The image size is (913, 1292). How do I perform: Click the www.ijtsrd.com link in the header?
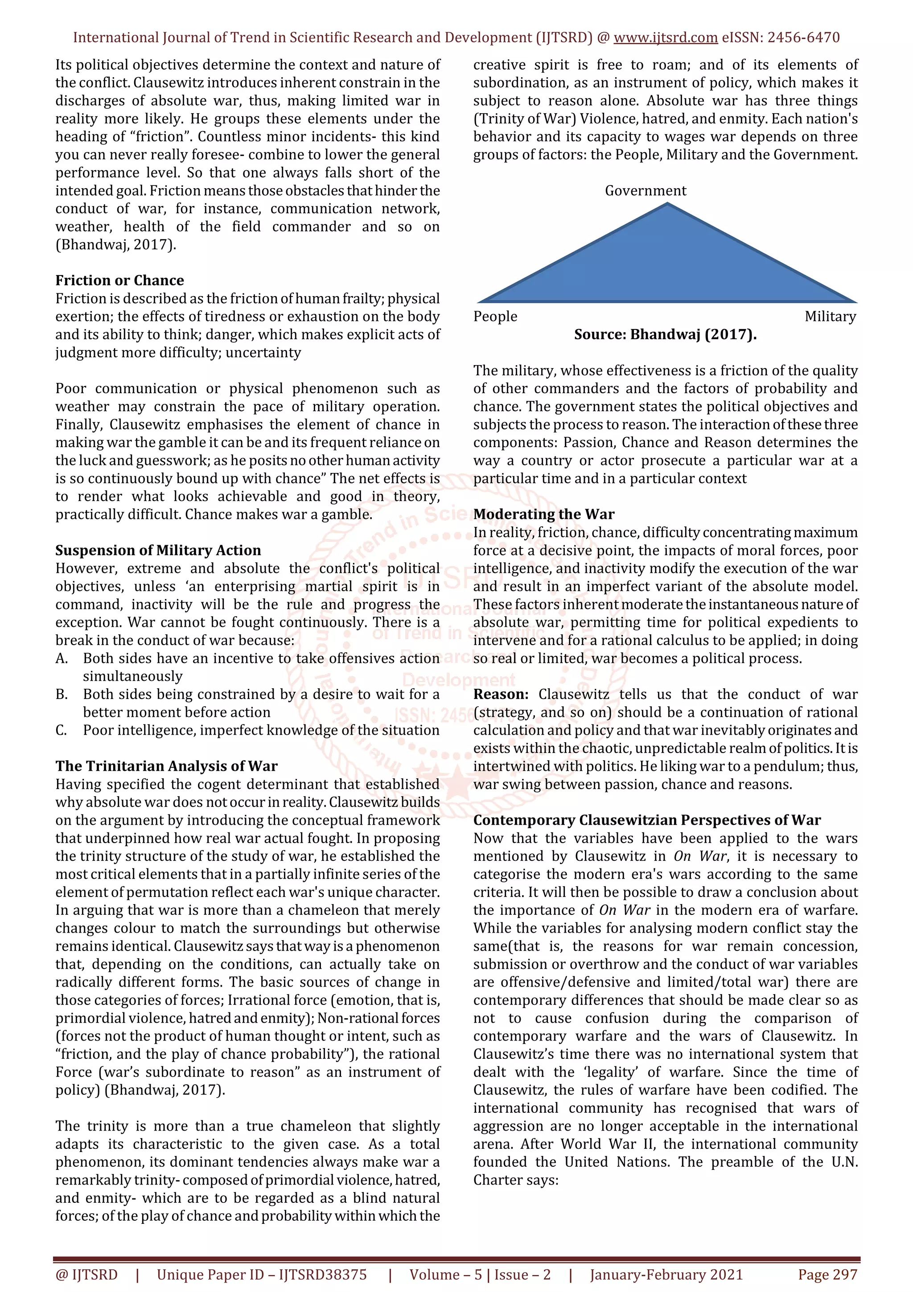pyautogui.click(x=665, y=38)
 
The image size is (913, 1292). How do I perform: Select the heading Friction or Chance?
pyautogui.click(x=119, y=280)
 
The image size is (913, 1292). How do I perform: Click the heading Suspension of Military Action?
pyautogui.click(x=158, y=550)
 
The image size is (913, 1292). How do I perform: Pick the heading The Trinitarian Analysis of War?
pyautogui.click(x=167, y=766)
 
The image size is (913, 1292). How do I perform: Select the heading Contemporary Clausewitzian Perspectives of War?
pyautogui.click(x=647, y=820)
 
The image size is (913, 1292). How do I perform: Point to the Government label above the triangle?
pyautogui.click(x=645, y=191)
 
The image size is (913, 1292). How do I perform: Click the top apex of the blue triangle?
pyautogui.click(x=667, y=205)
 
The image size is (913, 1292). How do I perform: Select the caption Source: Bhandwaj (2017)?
pyautogui.click(x=665, y=334)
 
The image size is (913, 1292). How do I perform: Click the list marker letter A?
pyautogui.click(x=62, y=658)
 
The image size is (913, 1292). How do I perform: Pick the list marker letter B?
pyautogui.click(x=62, y=695)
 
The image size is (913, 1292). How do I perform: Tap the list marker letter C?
pyautogui.click(x=62, y=730)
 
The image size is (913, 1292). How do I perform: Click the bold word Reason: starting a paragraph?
pyautogui.click(x=501, y=695)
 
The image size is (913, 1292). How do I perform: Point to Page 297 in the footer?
pyautogui.click(x=827, y=1275)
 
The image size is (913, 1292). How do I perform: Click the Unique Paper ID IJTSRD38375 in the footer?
pyautogui.click(x=262, y=1275)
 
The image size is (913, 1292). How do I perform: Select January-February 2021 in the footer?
pyautogui.click(x=666, y=1275)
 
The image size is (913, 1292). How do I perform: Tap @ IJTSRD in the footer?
pyautogui.click(x=86, y=1275)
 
